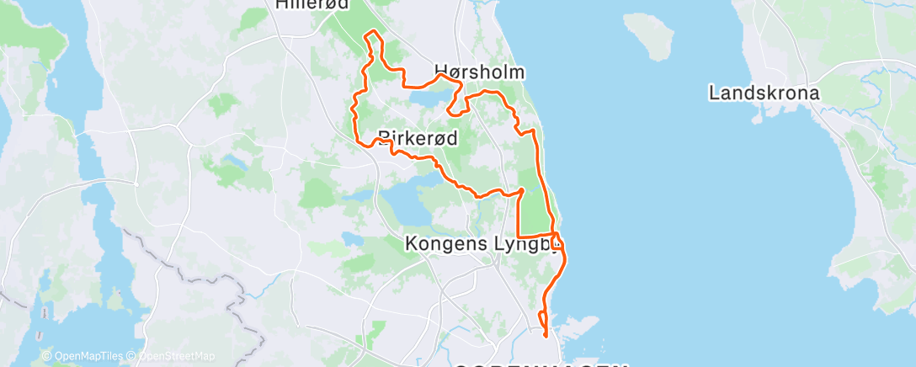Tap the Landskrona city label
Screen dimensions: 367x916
(x=764, y=93)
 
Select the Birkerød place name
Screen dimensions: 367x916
(x=418, y=138)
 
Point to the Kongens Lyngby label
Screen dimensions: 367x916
(x=482, y=244)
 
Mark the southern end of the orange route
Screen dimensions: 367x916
(x=546, y=335)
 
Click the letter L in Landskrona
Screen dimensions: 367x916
(x=715, y=93)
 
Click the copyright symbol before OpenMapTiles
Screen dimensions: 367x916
(x=47, y=356)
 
